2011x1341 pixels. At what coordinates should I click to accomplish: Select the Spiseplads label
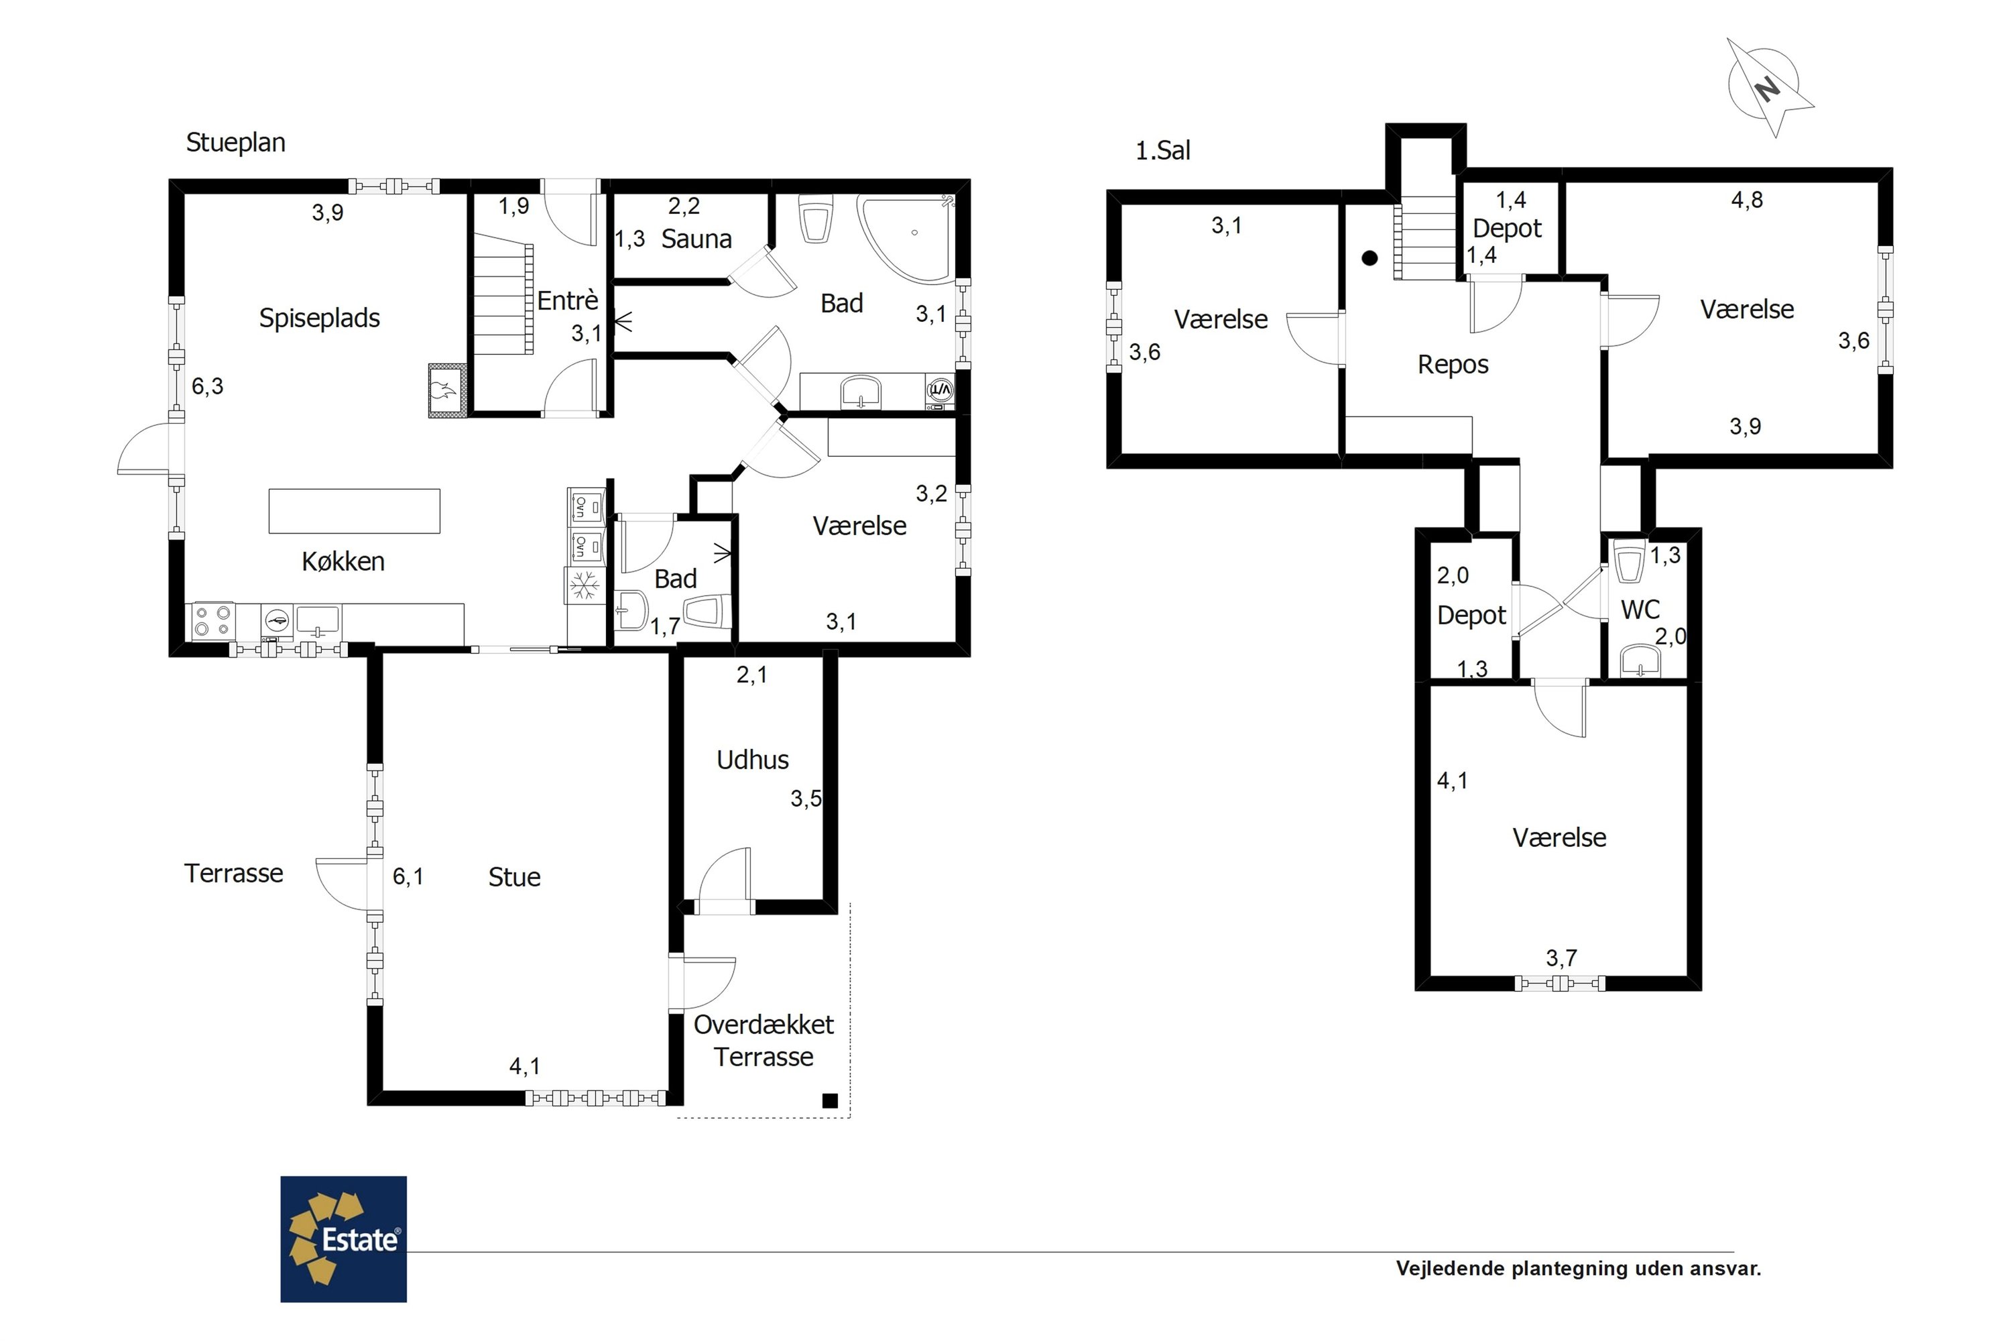click(x=319, y=318)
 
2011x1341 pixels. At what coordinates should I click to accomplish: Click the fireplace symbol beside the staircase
click(x=448, y=391)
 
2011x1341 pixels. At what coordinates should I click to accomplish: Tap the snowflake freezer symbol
click(x=585, y=587)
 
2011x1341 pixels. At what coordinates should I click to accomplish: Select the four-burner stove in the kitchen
click(x=214, y=621)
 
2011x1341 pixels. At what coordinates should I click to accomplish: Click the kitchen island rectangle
click(x=354, y=512)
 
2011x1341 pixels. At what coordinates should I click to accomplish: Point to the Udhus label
click(x=752, y=760)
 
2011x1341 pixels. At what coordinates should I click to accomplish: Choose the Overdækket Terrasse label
click(x=764, y=1040)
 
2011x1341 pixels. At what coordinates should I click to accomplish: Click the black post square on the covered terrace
click(x=829, y=1101)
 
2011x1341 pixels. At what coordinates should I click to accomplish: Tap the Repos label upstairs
click(x=1453, y=365)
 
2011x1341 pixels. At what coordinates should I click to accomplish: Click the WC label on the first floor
click(x=1640, y=609)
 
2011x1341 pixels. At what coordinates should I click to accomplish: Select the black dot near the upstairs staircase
click(x=1369, y=257)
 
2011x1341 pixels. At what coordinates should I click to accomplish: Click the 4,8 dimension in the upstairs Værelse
click(x=1747, y=200)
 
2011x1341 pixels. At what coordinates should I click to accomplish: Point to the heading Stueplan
click(x=236, y=143)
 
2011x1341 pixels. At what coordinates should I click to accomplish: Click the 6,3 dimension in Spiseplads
click(x=207, y=387)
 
